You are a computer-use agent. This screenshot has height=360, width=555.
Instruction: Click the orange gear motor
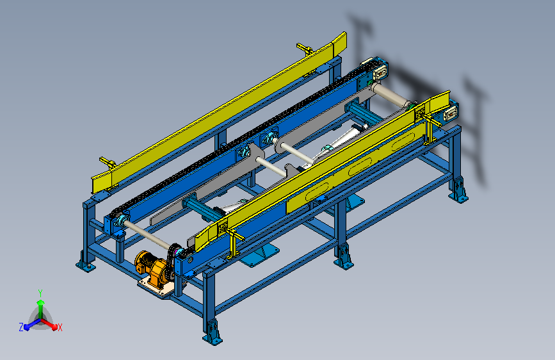(152, 268)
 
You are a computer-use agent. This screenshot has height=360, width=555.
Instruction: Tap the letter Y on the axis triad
(40, 293)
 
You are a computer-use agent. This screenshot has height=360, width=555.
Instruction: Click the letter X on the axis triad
(60, 328)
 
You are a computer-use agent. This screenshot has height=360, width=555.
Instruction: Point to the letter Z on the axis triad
(21, 327)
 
